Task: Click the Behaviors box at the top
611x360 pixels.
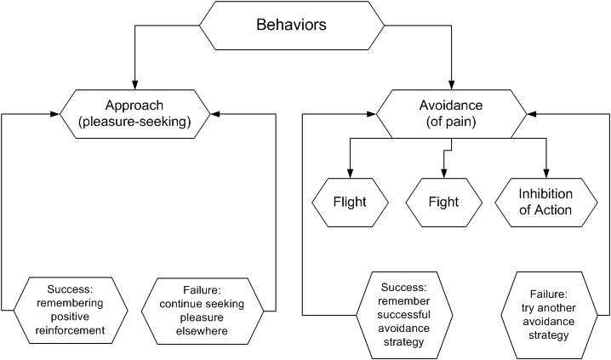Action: (292, 26)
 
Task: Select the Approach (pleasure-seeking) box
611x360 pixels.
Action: (134, 114)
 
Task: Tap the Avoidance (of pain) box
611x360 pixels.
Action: (451, 114)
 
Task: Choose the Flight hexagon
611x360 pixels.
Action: (350, 203)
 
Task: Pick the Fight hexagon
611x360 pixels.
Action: (444, 203)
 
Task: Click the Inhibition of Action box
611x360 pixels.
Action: (546, 203)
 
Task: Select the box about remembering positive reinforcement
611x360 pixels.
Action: (71, 310)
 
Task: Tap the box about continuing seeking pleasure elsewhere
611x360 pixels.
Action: (203, 311)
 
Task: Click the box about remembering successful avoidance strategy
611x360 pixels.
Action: (404, 315)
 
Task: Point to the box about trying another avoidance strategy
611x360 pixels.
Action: (549, 315)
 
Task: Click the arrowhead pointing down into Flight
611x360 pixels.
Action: (350, 174)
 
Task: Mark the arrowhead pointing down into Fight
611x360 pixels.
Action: (444, 174)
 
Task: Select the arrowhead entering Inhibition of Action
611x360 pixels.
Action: (546, 174)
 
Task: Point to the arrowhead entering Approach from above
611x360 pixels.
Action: (134, 85)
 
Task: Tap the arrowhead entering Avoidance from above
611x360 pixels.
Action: (452, 85)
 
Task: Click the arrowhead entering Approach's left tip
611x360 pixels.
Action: (55, 114)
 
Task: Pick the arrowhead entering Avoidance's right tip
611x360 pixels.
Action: (532, 114)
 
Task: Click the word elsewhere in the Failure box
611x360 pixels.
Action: (202, 331)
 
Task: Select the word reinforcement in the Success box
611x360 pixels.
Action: (70, 331)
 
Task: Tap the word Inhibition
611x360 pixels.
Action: (545, 194)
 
